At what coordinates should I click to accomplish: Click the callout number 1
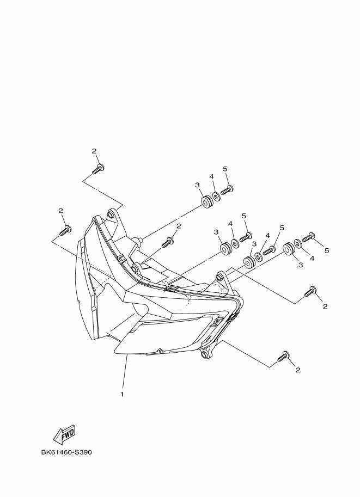pos(122,394)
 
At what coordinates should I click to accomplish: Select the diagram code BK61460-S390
pos(66,452)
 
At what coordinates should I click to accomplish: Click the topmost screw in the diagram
pos(99,169)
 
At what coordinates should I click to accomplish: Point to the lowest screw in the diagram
pos(284,357)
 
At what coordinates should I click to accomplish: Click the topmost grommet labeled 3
pos(206,203)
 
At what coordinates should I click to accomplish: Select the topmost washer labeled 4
pos(216,197)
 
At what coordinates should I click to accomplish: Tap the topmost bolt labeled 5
pos(227,190)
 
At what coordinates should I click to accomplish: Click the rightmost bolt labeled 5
pos(308,237)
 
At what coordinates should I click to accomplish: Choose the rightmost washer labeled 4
pos(298,243)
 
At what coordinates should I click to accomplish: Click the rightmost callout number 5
pos(327,250)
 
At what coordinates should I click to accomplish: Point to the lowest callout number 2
pos(298,370)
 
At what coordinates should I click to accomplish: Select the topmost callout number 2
pos(94,151)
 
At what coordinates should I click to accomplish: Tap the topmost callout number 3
pos(197,185)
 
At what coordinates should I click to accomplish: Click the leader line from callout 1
pos(124,372)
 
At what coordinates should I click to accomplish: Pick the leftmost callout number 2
pos(60,211)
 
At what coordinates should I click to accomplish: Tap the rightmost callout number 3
pos(301,265)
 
